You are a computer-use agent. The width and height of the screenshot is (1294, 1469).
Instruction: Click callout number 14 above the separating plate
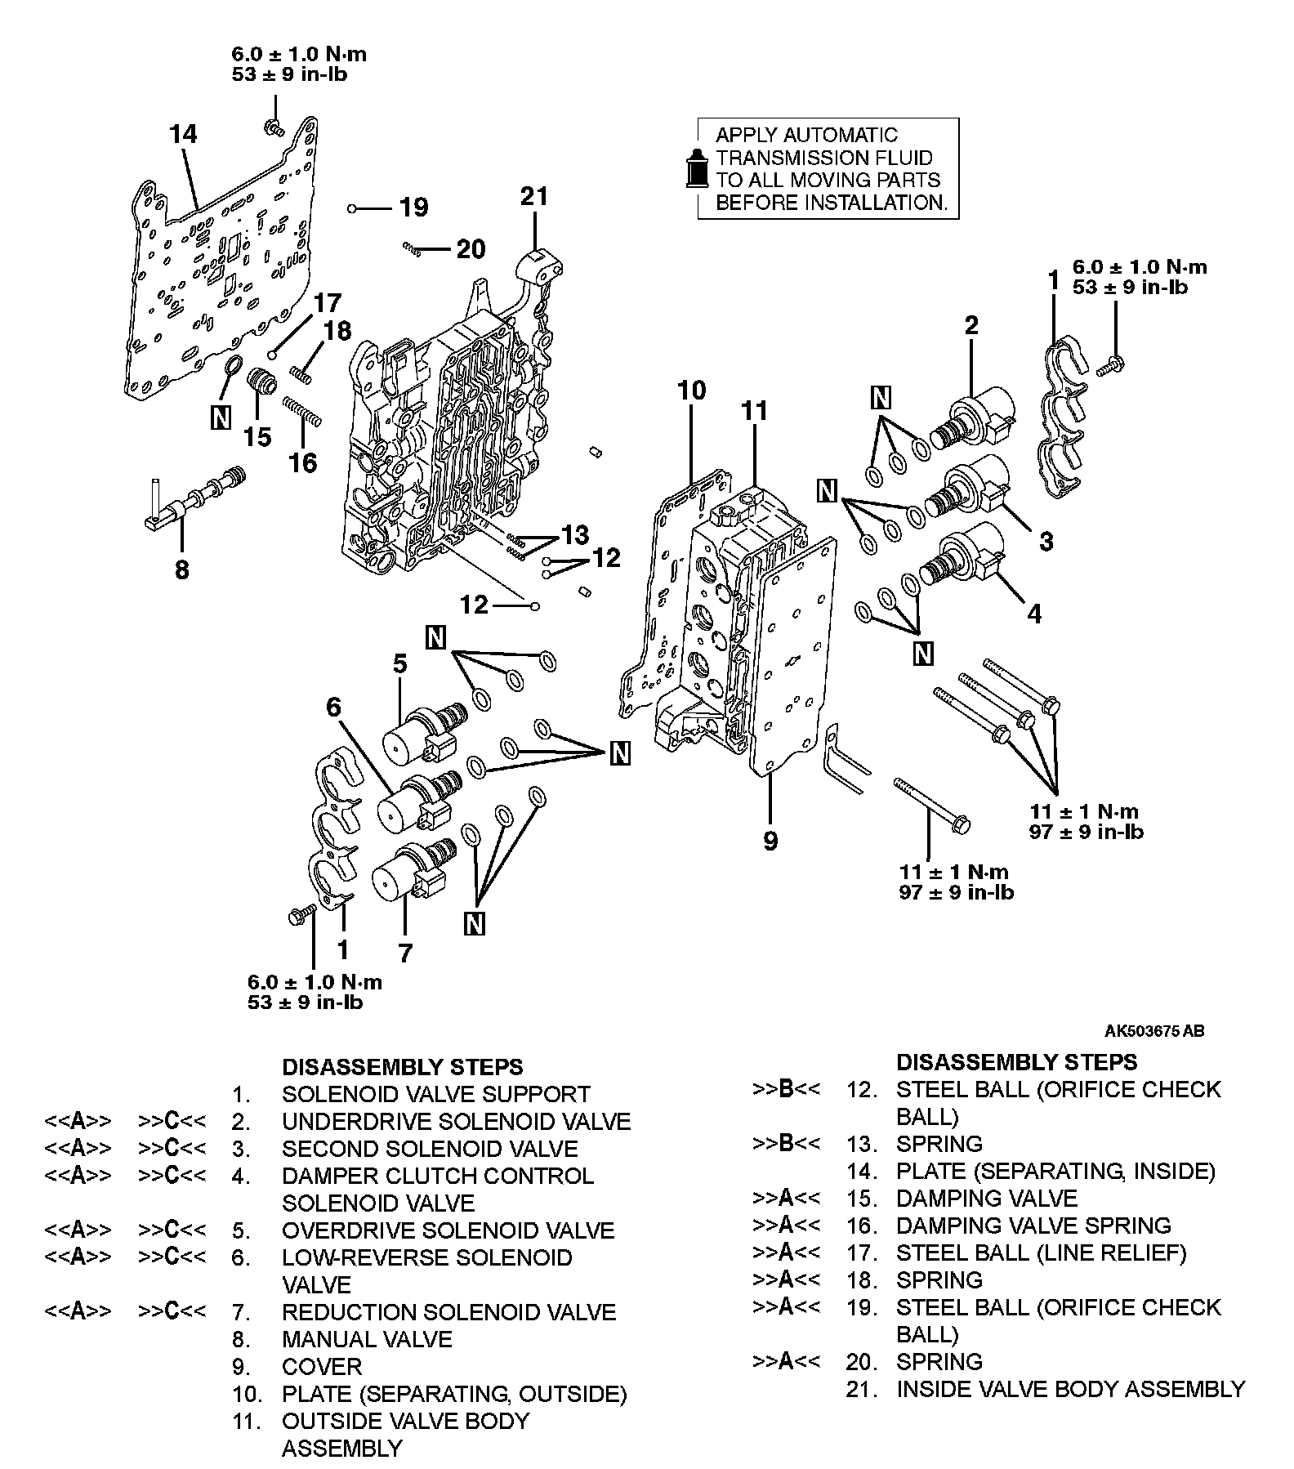point(184,134)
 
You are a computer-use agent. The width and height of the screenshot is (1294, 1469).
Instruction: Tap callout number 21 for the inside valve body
point(534,196)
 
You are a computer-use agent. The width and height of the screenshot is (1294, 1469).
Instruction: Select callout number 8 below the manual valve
point(182,569)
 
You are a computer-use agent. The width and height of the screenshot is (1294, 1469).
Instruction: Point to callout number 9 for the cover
point(770,841)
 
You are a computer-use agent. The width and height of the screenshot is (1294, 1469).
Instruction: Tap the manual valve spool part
point(196,497)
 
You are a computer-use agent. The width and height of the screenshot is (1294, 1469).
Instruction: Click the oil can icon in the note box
point(695,168)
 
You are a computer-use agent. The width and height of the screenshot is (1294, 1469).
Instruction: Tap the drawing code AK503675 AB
point(1154,1031)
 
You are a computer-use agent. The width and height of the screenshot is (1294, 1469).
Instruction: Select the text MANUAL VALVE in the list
point(367,1339)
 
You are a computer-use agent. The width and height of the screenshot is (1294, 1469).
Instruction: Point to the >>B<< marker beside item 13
point(785,1143)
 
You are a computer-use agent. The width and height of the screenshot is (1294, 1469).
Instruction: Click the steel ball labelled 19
point(352,209)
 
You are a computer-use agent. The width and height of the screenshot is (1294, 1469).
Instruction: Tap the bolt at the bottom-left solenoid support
point(301,918)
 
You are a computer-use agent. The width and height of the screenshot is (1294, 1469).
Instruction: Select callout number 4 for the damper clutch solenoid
point(1034,614)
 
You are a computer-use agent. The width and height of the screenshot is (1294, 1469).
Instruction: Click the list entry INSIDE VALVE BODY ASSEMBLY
point(1070,1389)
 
